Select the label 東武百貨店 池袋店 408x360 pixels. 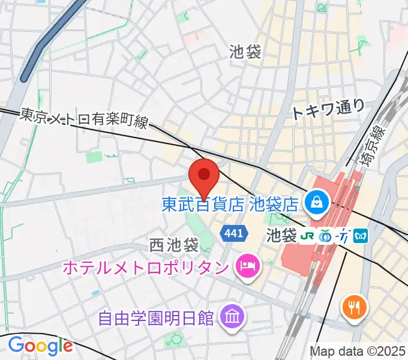pyautogui.click(x=230, y=204)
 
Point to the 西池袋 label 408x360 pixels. pyautogui.click(x=174, y=245)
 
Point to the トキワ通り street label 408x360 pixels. pyautogui.click(x=328, y=109)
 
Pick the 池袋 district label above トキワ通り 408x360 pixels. pyautogui.click(x=245, y=52)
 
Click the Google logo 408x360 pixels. pyautogui.click(x=40, y=346)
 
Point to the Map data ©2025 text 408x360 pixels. pyautogui.click(x=358, y=351)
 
